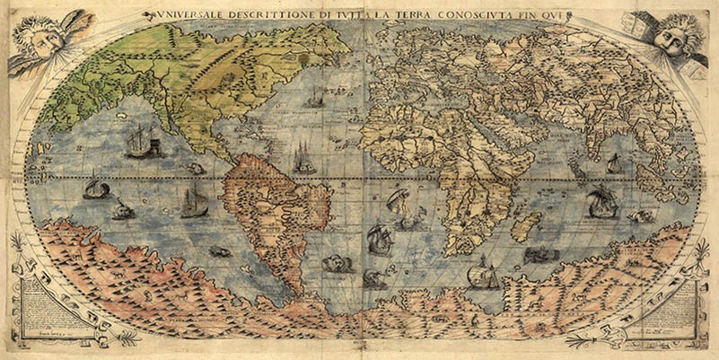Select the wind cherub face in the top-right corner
[x=672, y=35]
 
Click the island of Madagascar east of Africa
[x=526, y=224]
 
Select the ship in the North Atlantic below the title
[x=313, y=97]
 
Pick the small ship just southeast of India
[x=614, y=164]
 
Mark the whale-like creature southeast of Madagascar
[x=540, y=255]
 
